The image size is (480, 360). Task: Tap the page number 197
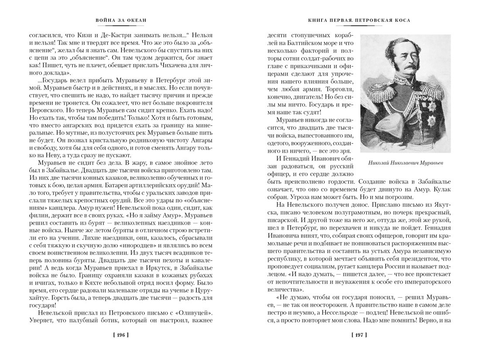(x=359, y=335)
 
